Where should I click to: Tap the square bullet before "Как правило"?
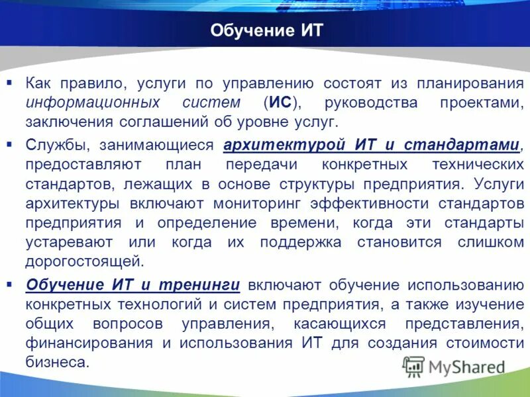click(9, 82)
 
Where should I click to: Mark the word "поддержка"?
click(301, 242)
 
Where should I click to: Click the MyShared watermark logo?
click(454, 367)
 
